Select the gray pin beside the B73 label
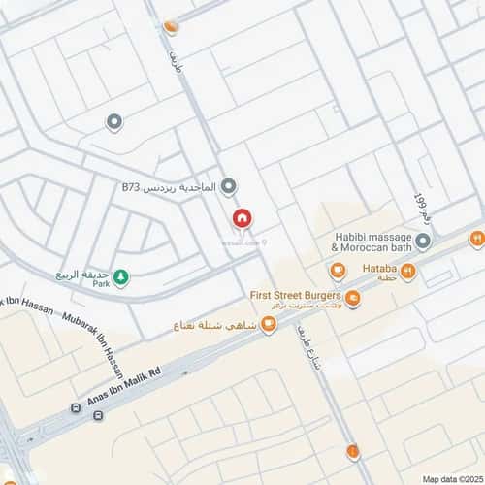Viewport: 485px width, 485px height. [228, 185]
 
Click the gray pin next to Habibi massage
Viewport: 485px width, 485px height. [423, 240]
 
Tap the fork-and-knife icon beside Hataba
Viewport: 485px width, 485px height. [407, 272]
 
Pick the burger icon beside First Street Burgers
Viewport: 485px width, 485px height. [353, 298]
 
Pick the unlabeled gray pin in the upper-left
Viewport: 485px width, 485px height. [113, 122]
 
